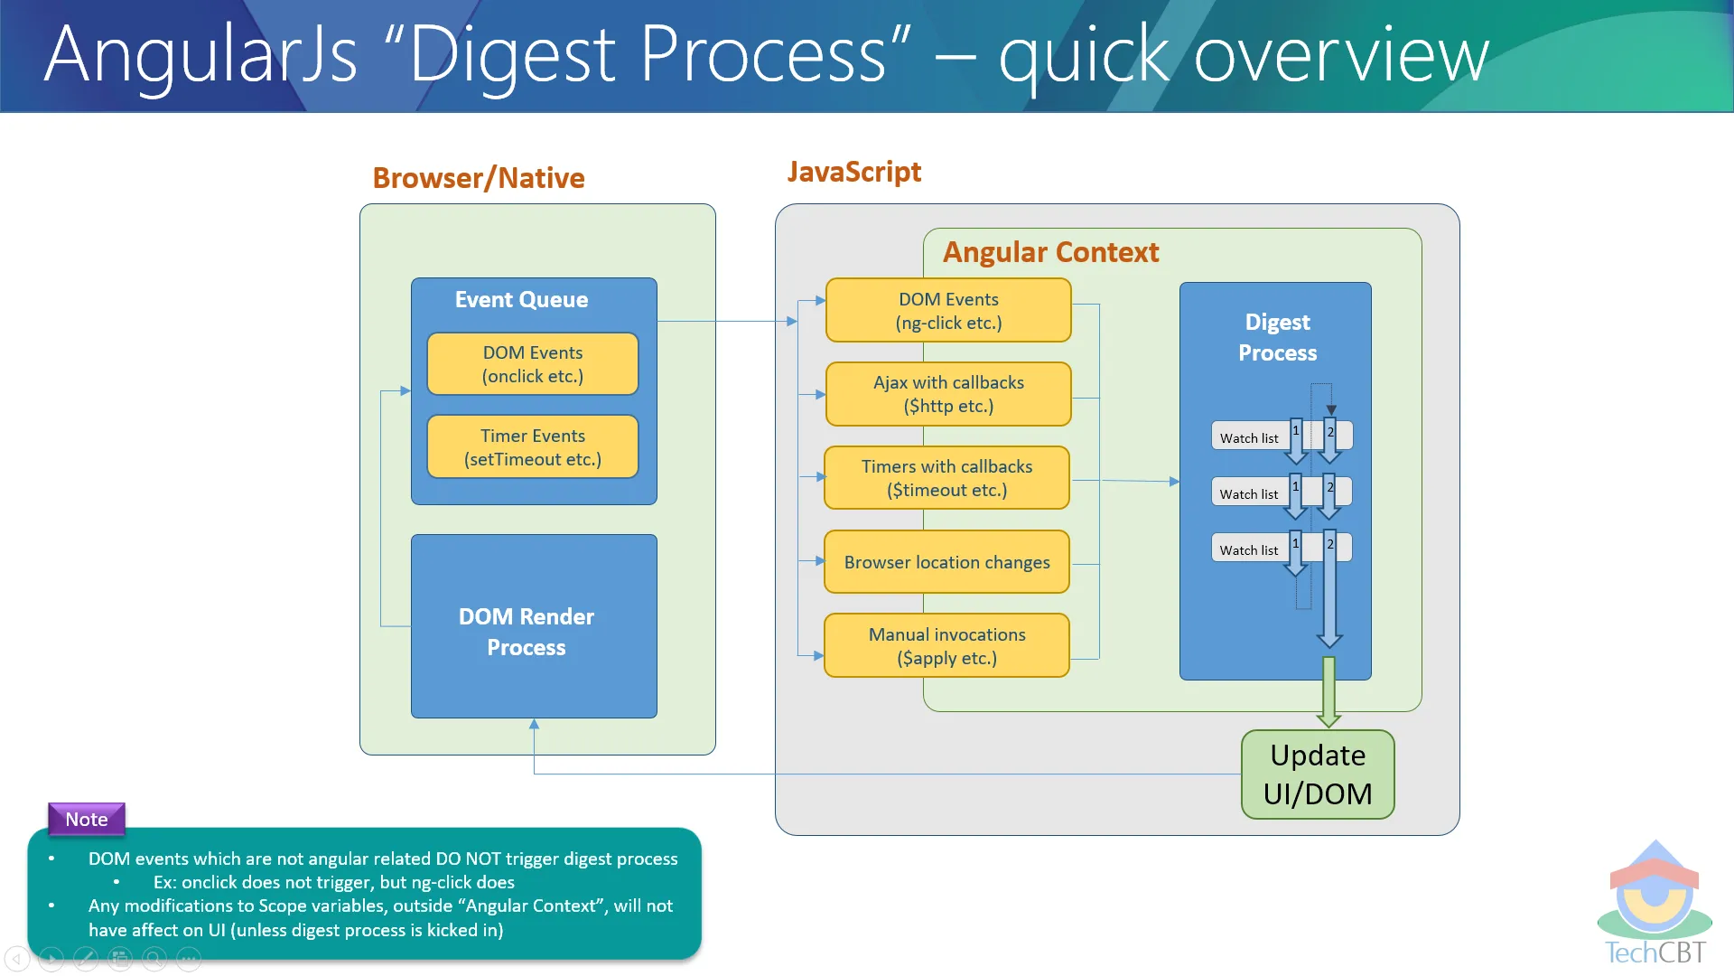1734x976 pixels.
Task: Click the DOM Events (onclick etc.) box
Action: click(x=533, y=364)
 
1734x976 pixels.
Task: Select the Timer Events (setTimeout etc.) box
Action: click(x=533, y=447)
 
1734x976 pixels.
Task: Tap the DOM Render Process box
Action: click(x=534, y=626)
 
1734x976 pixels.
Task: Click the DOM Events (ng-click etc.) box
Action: click(x=948, y=310)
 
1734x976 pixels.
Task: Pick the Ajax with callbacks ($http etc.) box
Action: click(x=948, y=394)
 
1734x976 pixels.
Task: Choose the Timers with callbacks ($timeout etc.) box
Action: click(x=946, y=478)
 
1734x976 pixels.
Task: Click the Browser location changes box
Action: click(x=946, y=562)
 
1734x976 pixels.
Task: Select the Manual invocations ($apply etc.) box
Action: click(x=946, y=646)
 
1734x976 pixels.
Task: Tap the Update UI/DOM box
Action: click(x=1318, y=774)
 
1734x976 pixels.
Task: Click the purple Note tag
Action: click(x=87, y=819)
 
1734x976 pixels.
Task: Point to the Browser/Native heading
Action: click(x=479, y=178)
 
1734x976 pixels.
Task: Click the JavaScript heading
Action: click(x=854, y=172)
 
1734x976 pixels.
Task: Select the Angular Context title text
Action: click(x=1050, y=252)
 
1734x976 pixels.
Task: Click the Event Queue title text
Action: click(x=521, y=300)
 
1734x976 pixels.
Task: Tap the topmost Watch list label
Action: click(x=1249, y=438)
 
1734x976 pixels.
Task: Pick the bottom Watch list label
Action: click(x=1249, y=550)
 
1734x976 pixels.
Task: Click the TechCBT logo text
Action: click(x=1655, y=953)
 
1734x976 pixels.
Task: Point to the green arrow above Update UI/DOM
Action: click(x=1328, y=692)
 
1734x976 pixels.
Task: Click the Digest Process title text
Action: click(x=1277, y=338)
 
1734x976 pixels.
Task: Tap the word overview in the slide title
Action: click(x=1341, y=56)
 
